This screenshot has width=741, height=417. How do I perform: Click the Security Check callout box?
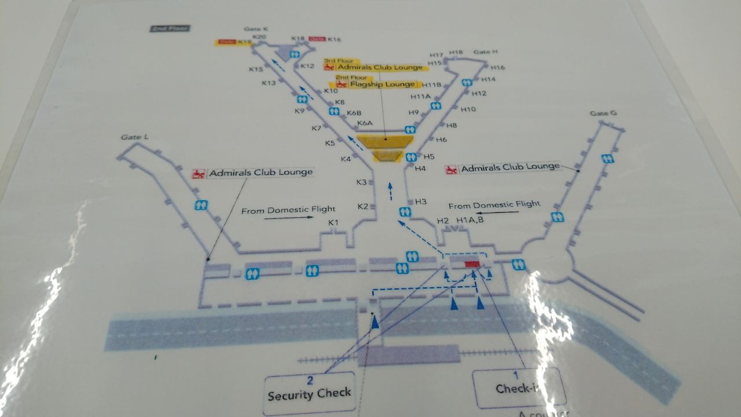coord(309,389)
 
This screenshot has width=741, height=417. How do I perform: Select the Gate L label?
coord(135,137)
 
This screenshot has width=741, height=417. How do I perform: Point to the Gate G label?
coord(603,113)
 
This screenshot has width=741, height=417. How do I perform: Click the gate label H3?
coord(421,202)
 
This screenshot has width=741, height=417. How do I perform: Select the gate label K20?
coord(259,37)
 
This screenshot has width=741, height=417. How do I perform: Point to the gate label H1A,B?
coord(470,220)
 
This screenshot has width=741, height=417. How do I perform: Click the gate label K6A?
coord(365,123)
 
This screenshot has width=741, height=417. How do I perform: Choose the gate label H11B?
coord(431,85)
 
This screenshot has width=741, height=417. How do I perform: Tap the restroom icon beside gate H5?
coord(412,156)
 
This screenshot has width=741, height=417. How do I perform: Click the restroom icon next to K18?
coord(296,53)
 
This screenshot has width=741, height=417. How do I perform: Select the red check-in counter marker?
coord(472,264)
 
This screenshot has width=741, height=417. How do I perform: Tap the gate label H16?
coord(498,68)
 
